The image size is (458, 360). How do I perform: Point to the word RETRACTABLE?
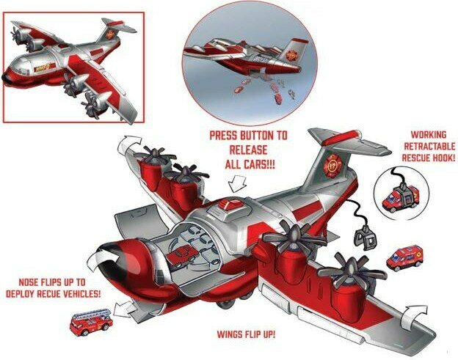pyautogui.click(x=429, y=146)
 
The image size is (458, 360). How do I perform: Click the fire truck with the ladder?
pyautogui.click(x=91, y=322)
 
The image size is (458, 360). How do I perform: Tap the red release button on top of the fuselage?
pyautogui.click(x=230, y=204)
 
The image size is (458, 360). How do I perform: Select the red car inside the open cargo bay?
pyautogui.click(x=182, y=255)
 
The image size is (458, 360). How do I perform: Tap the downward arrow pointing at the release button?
pyautogui.click(x=238, y=184)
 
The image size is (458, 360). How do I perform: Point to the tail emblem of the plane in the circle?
pyautogui.click(x=291, y=55)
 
